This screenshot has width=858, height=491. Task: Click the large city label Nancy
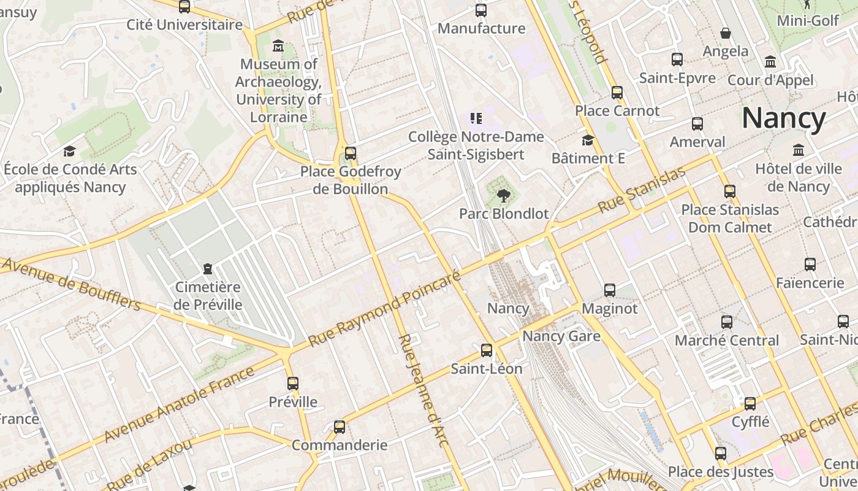tap(784, 118)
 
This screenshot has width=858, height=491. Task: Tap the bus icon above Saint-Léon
tap(487, 350)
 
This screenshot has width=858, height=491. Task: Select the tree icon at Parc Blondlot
tap(503, 196)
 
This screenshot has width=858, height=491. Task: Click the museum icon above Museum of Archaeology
tap(278, 46)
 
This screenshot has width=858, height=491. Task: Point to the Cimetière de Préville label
tap(208, 296)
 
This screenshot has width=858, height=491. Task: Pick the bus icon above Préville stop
tap(293, 384)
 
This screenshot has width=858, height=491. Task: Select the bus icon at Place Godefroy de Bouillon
tap(351, 153)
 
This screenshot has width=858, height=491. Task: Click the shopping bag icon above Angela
tap(726, 33)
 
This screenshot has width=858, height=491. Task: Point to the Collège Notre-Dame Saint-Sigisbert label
tap(476, 145)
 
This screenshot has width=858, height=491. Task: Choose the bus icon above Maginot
tap(610, 290)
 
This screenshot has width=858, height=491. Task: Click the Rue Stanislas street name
tap(641, 190)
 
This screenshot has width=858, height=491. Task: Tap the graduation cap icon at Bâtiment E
tap(588, 141)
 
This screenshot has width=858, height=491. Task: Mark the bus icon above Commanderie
tap(340, 427)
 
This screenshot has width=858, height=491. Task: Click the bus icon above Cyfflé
tap(750, 404)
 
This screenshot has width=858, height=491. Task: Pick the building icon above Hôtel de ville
tap(799, 150)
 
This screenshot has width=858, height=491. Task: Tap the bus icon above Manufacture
tap(481, 10)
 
